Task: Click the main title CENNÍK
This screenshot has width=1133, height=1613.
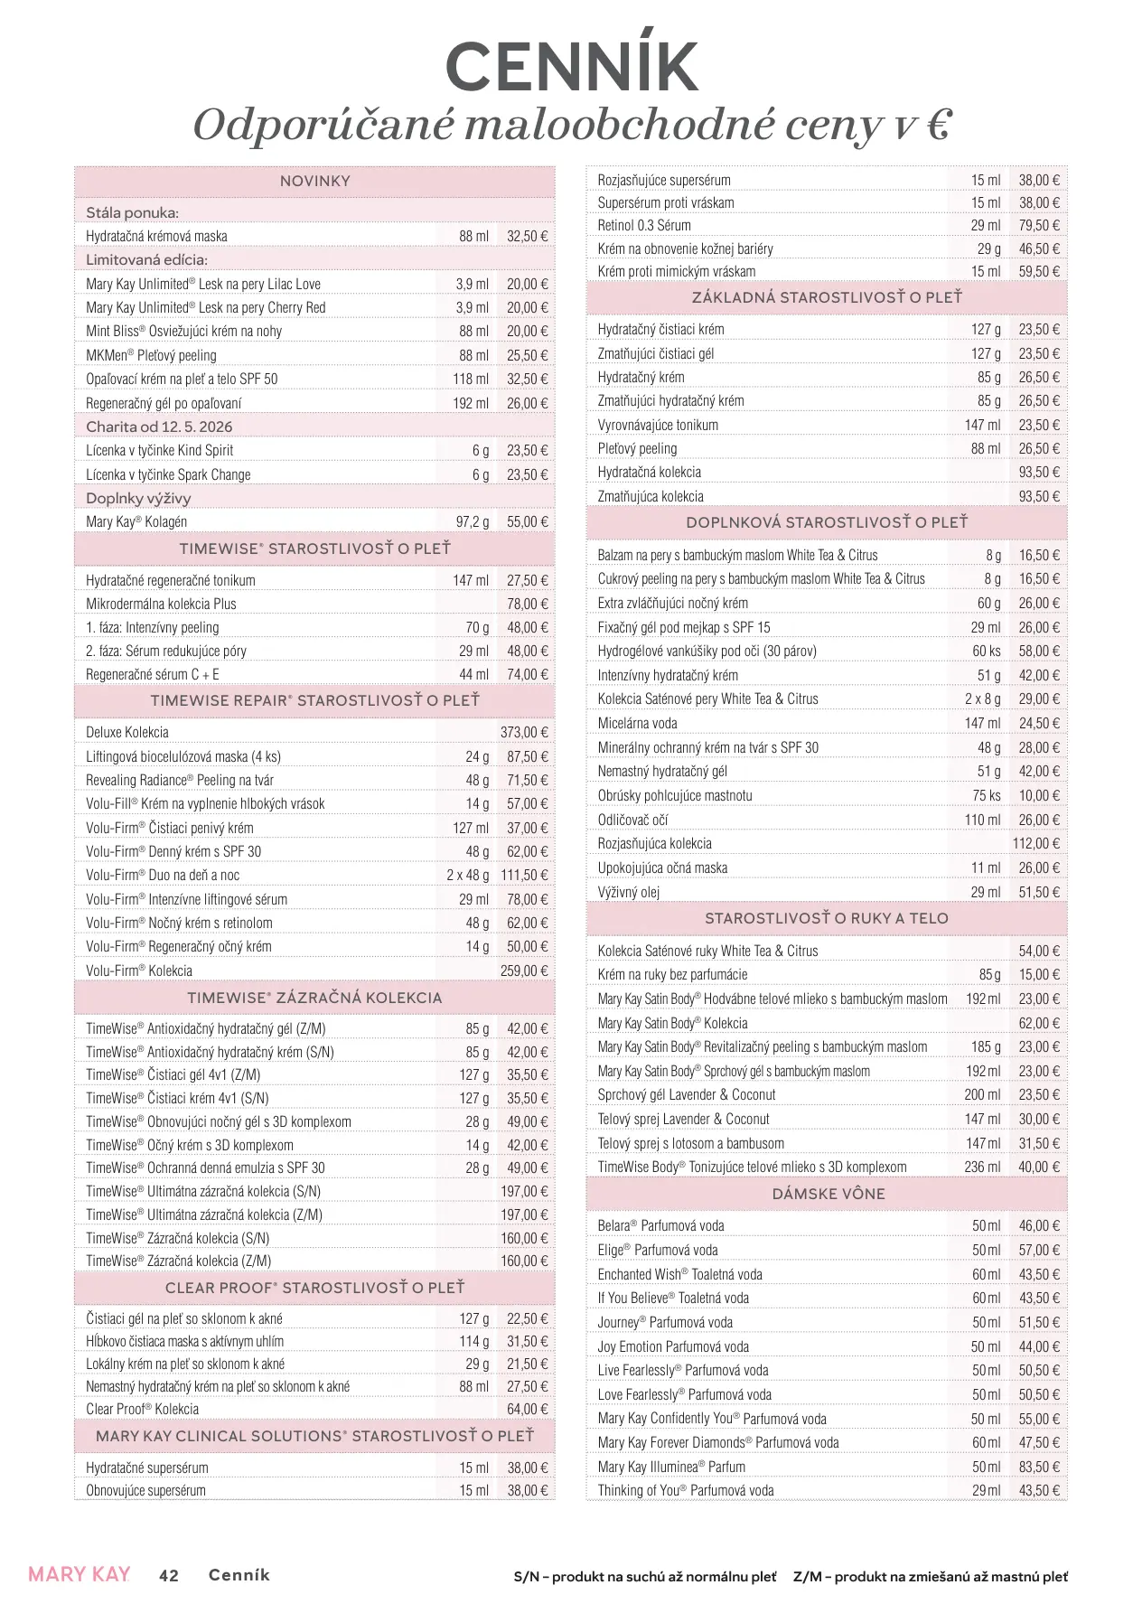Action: (x=571, y=66)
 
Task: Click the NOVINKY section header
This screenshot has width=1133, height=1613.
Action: (x=314, y=181)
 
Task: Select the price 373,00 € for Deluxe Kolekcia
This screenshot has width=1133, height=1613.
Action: (x=524, y=733)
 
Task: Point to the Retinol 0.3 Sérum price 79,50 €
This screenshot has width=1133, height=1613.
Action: (x=1039, y=226)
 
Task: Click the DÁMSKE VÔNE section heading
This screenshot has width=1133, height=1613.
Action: (x=828, y=1194)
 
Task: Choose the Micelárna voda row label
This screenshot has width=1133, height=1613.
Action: (x=637, y=723)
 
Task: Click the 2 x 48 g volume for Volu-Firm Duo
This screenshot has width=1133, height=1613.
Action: (x=467, y=876)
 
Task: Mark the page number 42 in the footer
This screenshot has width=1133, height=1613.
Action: (x=169, y=1575)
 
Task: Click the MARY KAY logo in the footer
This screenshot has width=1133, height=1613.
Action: (x=80, y=1575)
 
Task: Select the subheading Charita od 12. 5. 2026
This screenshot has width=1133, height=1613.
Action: (x=159, y=427)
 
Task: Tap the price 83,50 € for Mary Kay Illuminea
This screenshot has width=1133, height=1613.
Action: (x=1039, y=1467)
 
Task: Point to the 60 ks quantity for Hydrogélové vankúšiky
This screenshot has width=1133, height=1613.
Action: (x=987, y=652)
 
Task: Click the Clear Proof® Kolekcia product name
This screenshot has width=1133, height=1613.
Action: (x=142, y=1410)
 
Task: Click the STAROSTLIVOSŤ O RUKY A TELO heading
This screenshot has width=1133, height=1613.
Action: (x=826, y=918)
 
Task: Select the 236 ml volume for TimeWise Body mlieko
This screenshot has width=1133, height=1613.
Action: (x=982, y=1168)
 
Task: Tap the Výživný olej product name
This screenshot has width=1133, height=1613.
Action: (x=629, y=893)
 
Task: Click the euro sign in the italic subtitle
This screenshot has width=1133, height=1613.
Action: (x=939, y=125)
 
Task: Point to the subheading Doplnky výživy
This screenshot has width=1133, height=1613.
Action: (x=138, y=498)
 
